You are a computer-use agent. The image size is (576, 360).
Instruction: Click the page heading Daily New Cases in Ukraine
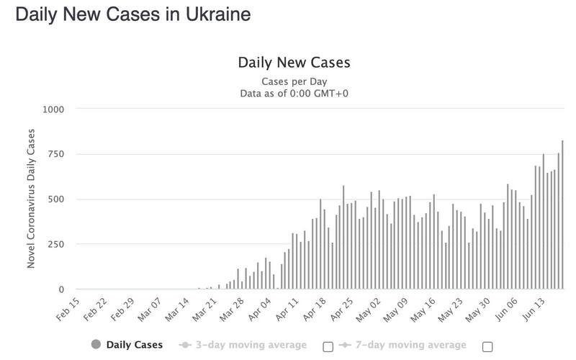tap(133, 14)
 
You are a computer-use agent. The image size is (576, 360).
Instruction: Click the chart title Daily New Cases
tap(293, 63)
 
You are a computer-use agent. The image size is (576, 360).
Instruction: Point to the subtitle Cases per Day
tap(293, 81)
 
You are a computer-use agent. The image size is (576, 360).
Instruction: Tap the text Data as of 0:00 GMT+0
tap(293, 93)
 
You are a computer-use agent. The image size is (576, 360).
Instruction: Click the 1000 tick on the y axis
tap(54, 109)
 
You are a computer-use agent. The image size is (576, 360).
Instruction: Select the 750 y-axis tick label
tap(56, 154)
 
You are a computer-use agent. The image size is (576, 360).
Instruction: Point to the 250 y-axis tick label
tap(56, 245)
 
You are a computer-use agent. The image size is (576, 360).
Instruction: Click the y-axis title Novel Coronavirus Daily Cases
tap(31, 199)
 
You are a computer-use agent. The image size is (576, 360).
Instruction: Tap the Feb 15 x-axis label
tap(70, 311)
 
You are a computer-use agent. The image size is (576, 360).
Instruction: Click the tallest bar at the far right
tap(562, 216)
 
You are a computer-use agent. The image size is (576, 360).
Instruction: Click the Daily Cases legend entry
tap(134, 345)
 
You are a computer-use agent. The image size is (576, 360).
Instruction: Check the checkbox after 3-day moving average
tap(328, 346)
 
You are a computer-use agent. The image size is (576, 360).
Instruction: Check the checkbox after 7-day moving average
tap(487, 346)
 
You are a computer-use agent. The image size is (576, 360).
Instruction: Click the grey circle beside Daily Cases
tap(96, 345)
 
